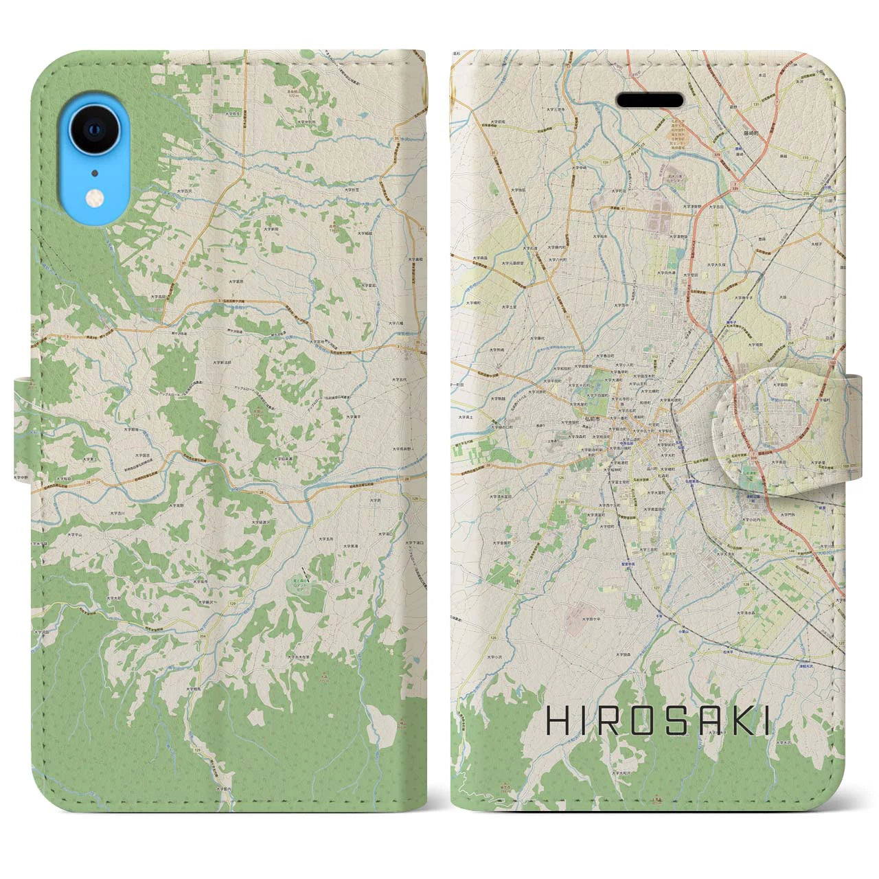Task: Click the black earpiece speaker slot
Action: point(650,100)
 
